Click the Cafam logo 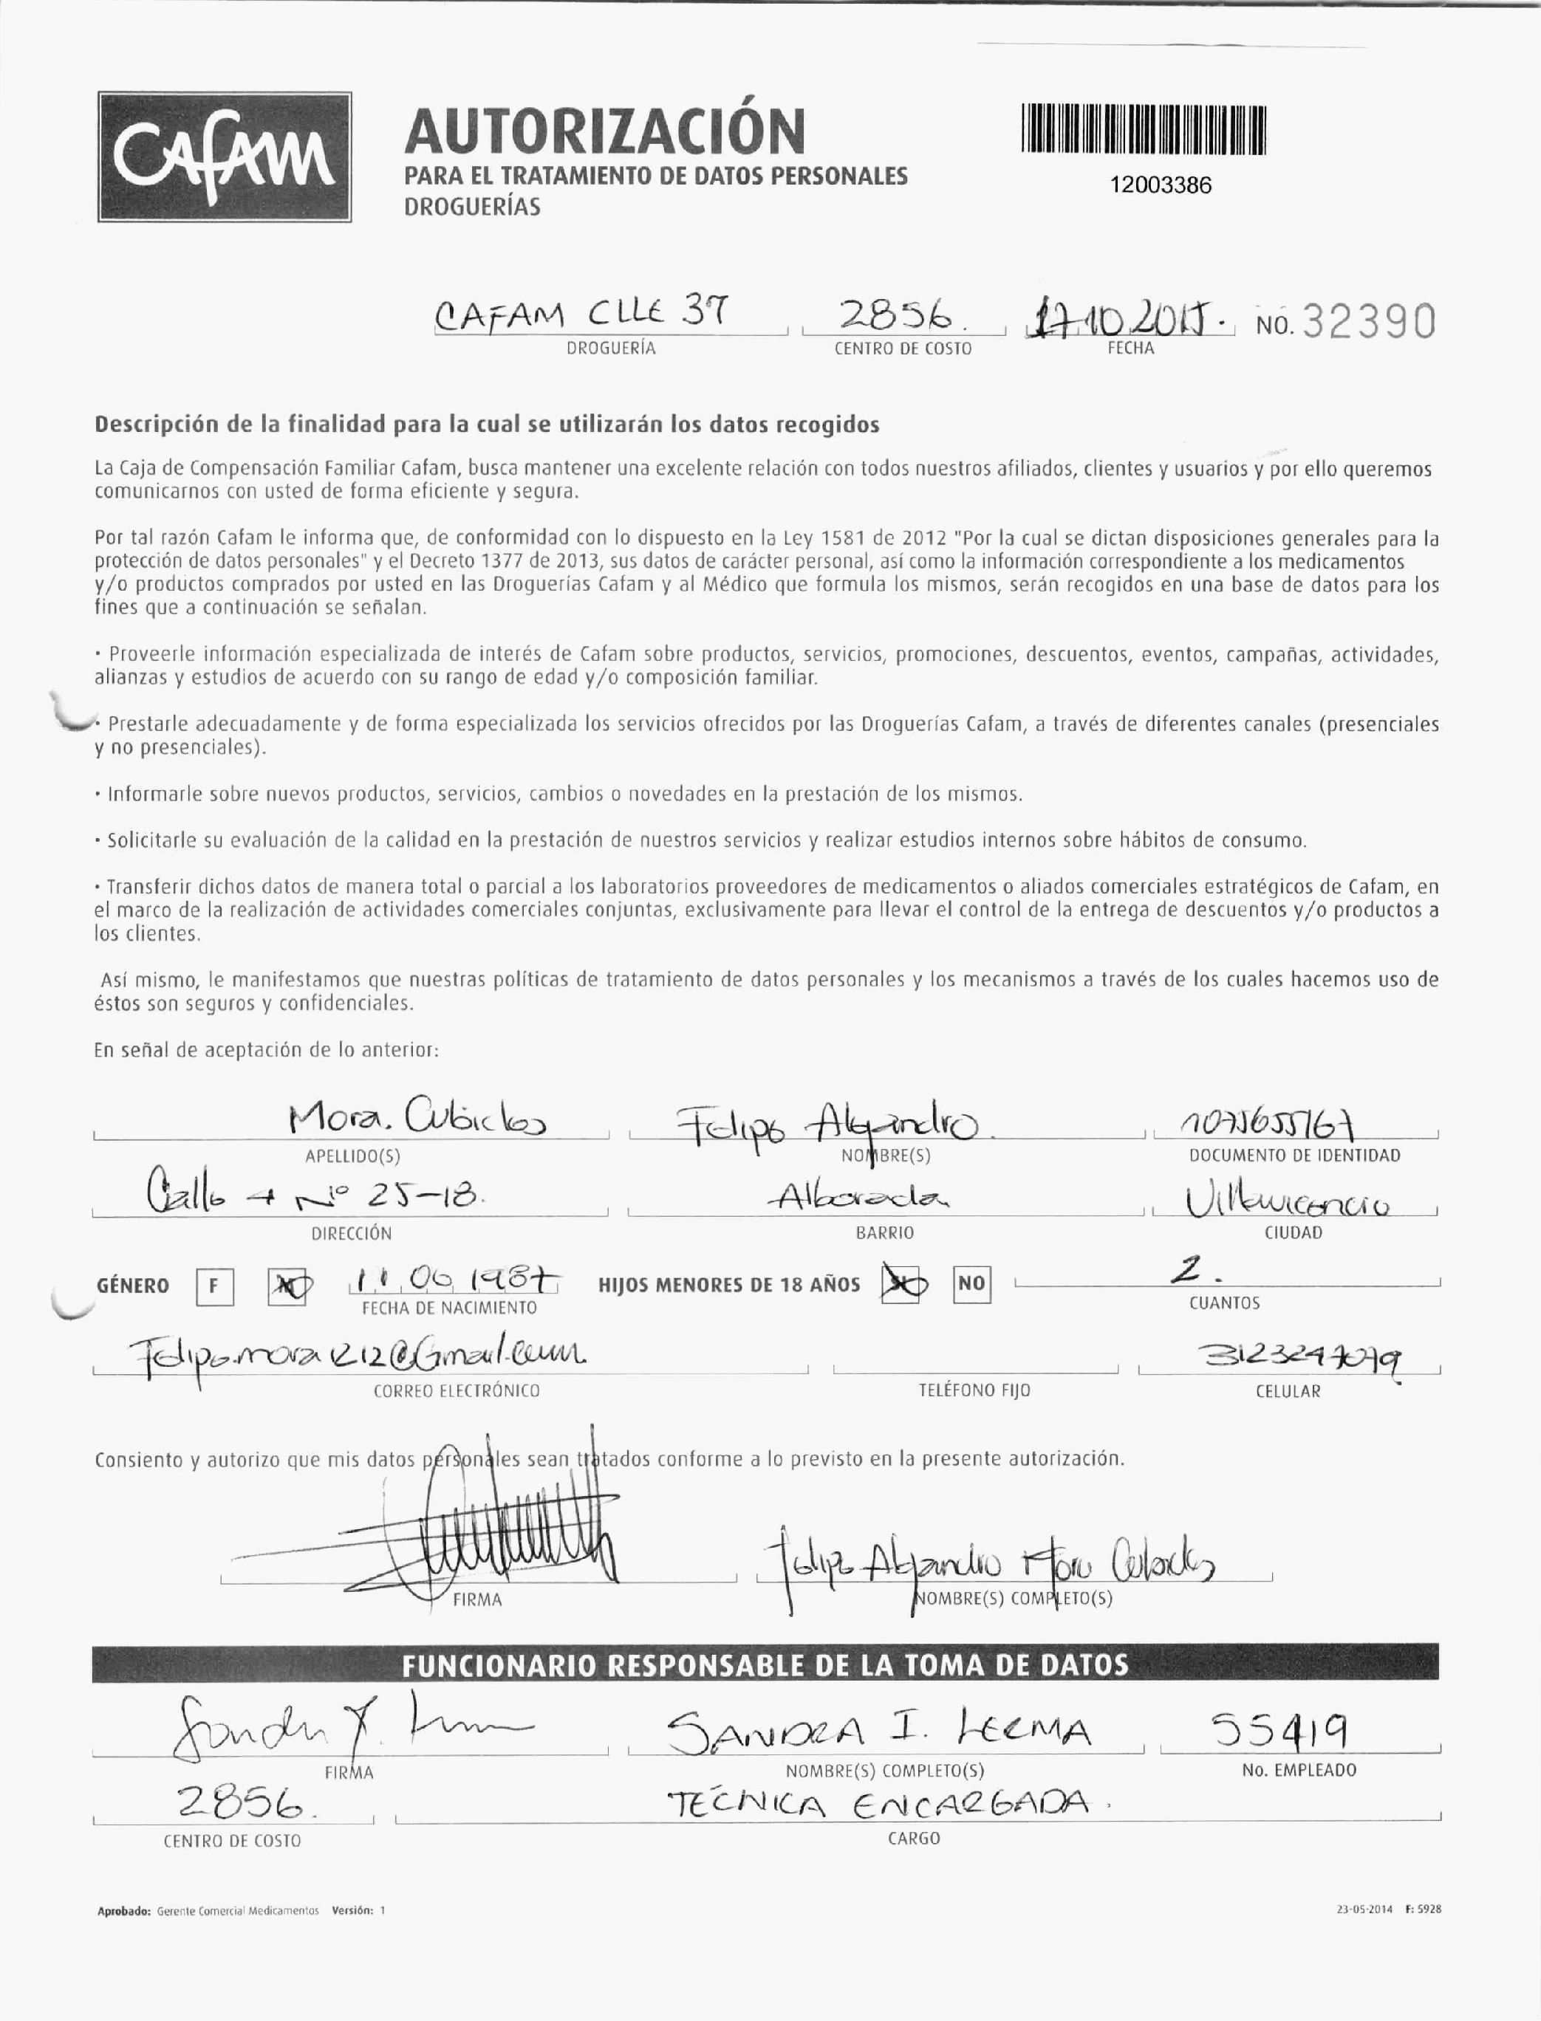225,157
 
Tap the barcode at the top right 1143,130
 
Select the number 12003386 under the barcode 1161,185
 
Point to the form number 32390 1369,322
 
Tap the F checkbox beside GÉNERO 213,1286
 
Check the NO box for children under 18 971,1284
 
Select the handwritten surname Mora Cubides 417,1119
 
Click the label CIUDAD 1293,1232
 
